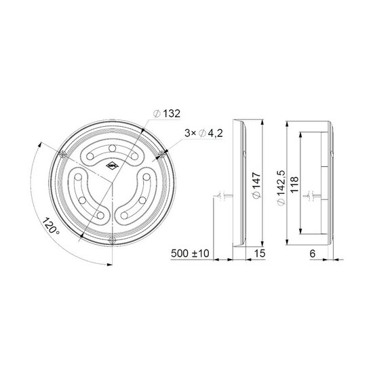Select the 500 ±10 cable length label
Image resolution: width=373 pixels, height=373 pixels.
coord(190,254)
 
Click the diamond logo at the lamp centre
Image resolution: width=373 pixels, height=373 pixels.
coord(111,167)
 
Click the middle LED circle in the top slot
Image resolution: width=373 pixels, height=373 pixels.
coord(111,149)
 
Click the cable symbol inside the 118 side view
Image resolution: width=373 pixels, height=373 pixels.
coord(311,197)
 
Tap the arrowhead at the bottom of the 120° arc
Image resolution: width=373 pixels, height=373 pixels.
coord(108,266)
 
